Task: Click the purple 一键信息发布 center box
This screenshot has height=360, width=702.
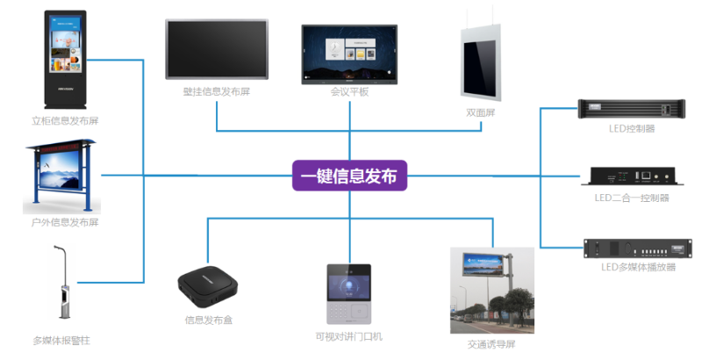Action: (x=349, y=176)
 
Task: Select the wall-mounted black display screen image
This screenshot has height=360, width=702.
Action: (x=216, y=49)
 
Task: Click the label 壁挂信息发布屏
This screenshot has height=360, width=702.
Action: (x=217, y=91)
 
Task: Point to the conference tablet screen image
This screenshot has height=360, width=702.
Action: (x=349, y=54)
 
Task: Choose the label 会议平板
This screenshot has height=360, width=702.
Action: (x=349, y=91)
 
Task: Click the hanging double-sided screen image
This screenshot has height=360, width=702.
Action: (x=481, y=63)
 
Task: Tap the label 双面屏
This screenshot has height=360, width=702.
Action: (x=481, y=113)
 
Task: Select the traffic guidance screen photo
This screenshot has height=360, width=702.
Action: (x=491, y=290)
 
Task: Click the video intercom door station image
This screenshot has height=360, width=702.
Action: (x=348, y=295)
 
